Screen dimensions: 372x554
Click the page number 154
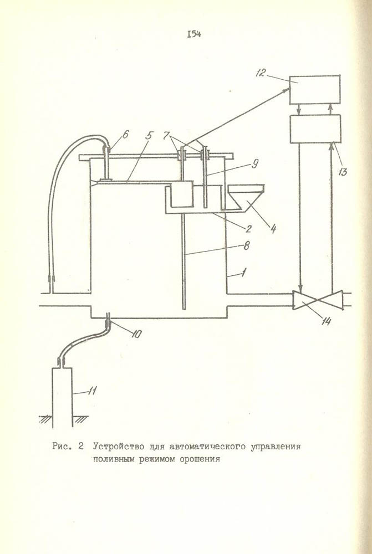[x=194, y=34]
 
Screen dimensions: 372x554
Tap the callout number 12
[x=261, y=74]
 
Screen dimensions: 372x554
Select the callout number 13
[x=342, y=172]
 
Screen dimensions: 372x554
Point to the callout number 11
[x=93, y=391]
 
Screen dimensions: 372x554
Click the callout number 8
[x=247, y=245]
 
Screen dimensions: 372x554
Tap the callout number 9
[x=255, y=164]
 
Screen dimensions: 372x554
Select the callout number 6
[x=126, y=134]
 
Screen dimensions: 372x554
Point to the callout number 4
[x=272, y=229]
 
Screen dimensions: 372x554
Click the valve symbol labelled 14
[x=318, y=300]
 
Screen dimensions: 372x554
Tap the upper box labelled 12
[x=315, y=90]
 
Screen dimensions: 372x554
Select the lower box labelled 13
[x=315, y=129]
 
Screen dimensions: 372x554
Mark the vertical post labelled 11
[x=62, y=397]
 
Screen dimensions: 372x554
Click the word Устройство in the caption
[x=119, y=446]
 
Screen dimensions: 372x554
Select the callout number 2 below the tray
[x=248, y=229]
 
